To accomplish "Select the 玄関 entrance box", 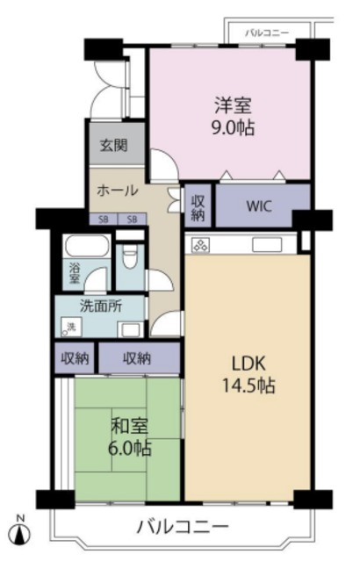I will point(112,145).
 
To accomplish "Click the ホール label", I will point(115,190).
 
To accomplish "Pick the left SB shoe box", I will point(104,220).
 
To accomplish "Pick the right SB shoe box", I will point(132,220).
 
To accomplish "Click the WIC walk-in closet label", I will point(260,207).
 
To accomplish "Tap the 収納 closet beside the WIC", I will point(198,207).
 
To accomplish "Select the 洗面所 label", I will point(100,307).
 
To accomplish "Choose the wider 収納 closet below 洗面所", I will point(137,357).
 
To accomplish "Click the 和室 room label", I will point(129,426).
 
